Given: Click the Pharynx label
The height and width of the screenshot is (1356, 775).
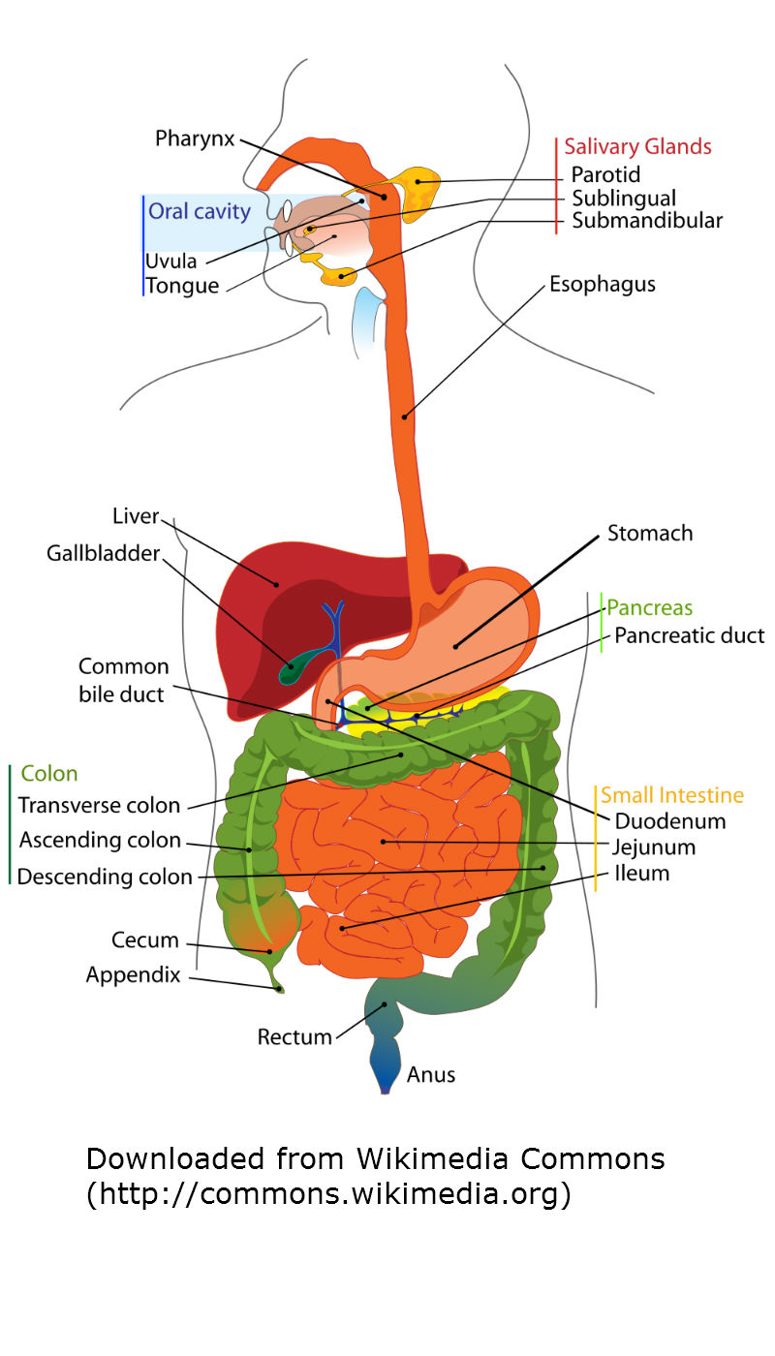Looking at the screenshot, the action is pyautogui.click(x=195, y=139).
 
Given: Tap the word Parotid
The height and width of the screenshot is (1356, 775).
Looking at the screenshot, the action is pyautogui.click(x=605, y=174).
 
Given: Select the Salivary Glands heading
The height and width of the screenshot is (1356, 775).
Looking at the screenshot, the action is pyautogui.click(x=637, y=146).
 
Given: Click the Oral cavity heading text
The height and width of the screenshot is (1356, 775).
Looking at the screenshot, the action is pyautogui.click(x=200, y=211).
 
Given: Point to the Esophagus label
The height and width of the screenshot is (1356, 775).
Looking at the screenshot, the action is pyautogui.click(x=603, y=285).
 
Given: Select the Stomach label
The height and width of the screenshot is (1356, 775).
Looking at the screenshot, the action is pyautogui.click(x=650, y=534).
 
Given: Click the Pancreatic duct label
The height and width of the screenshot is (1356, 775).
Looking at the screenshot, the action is pyautogui.click(x=689, y=635).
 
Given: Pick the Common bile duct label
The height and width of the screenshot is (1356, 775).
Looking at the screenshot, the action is pyautogui.click(x=124, y=680).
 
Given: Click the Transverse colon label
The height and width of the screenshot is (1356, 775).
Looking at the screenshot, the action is pyautogui.click(x=99, y=805).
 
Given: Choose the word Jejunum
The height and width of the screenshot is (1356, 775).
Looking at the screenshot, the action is pyautogui.click(x=653, y=847).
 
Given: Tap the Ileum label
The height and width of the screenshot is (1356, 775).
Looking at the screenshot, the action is pyautogui.click(x=641, y=873).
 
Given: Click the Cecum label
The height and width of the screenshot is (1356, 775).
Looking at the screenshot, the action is pyautogui.click(x=145, y=940).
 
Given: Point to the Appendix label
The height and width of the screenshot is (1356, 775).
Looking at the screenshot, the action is pyautogui.click(x=134, y=975).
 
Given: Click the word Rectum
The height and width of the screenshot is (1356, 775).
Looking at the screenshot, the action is pyautogui.click(x=294, y=1037).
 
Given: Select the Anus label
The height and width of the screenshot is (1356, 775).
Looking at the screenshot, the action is pyautogui.click(x=430, y=1074).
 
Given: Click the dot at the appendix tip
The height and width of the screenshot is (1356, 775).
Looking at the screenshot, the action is pyautogui.click(x=280, y=989).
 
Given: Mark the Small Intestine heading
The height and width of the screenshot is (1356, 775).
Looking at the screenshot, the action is pyautogui.click(x=672, y=795).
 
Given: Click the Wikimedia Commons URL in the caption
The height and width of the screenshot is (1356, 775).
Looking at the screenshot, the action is pyautogui.click(x=328, y=1193).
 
